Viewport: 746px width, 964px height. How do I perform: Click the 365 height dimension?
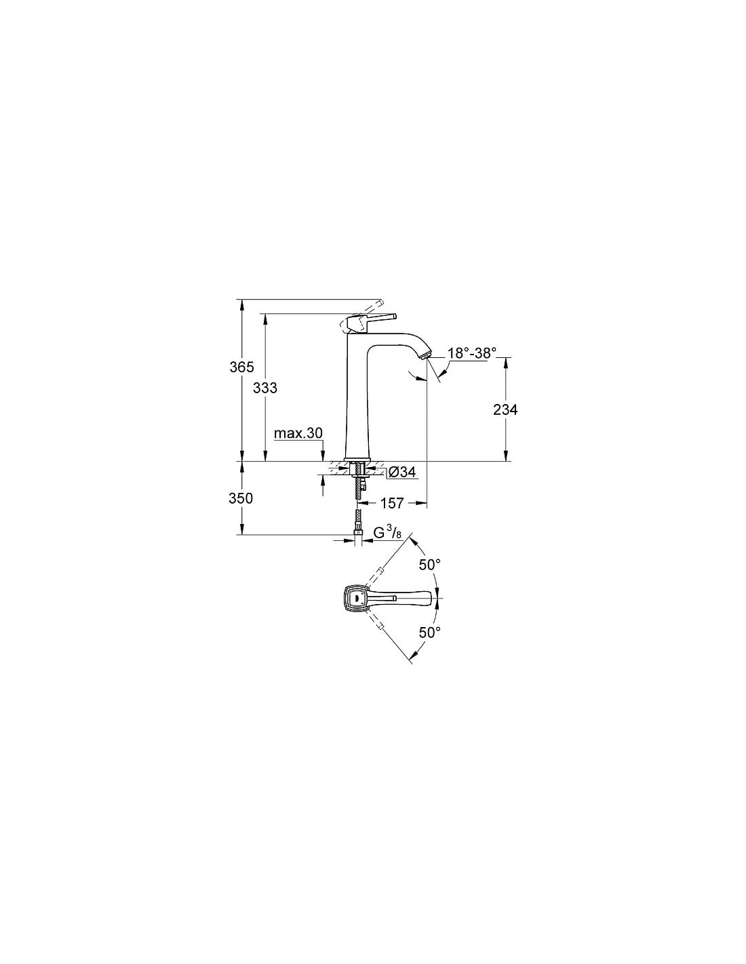point(242,367)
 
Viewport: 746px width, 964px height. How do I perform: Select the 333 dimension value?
point(265,388)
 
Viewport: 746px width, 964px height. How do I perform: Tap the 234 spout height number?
point(505,409)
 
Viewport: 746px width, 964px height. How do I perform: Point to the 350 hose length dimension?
point(241,498)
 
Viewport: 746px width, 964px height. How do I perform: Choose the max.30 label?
point(298,433)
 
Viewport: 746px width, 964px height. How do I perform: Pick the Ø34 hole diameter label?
point(402,473)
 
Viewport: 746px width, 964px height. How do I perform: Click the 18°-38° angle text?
point(471,353)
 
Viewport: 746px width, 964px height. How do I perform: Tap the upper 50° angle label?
point(429,564)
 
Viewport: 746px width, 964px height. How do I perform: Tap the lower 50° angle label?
point(429,632)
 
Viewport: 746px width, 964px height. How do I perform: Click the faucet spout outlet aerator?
point(426,355)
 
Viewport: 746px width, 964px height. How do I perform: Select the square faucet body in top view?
point(357,598)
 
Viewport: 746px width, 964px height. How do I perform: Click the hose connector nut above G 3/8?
point(357,530)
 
